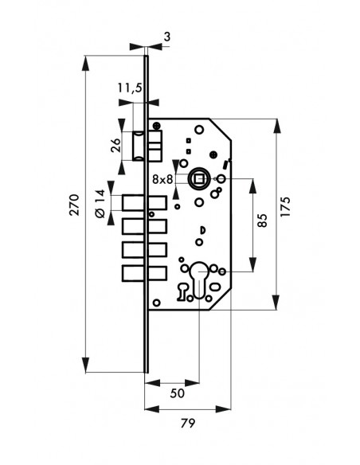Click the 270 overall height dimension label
click(74, 205)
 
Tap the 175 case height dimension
click(286, 207)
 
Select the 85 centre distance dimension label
click(262, 221)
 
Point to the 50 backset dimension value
click(178, 393)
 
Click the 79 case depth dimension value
click(188, 423)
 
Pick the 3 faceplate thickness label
click(167, 37)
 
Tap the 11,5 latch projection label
click(130, 88)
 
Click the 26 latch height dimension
click(115, 145)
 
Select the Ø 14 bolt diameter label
click(100, 204)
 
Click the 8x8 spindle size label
click(162, 179)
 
